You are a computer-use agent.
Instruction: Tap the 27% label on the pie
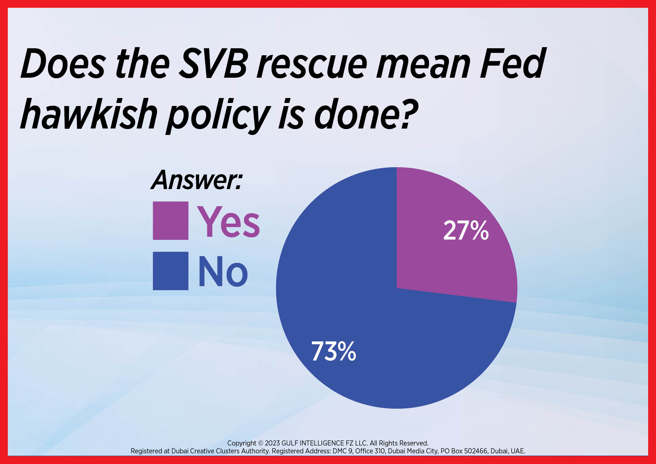(466, 230)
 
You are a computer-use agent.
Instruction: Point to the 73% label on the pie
(333, 351)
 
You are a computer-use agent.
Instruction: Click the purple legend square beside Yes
(171, 220)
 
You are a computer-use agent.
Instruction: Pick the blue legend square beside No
(171, 271)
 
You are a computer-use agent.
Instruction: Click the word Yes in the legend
(228, 222)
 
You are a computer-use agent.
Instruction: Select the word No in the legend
(223, 272)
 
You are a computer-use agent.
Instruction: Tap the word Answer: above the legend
(197, 180)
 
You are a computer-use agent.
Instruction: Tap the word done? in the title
(367, 113)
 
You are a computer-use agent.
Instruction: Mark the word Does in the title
(63, 63)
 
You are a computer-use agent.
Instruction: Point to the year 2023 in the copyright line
(272, 443)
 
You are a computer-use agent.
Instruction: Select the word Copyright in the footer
(242, 444)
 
